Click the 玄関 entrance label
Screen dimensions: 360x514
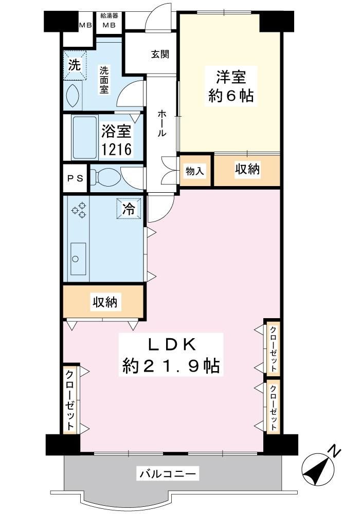[x=160, y=54]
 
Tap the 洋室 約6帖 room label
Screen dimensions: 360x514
[x=231, y=86]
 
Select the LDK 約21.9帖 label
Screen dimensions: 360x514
[x=171, y=355]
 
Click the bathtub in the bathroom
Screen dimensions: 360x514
[x=85, y=138]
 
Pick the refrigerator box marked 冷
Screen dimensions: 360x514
[x=129, y=209]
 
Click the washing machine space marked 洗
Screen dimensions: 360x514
[x=75, y=65]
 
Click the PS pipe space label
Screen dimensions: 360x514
[x=75, y=179]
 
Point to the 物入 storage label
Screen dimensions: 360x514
[x=195, y=171]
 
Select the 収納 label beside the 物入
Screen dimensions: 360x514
[x=247, y=169]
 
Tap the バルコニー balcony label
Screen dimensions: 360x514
[x=168, y=473]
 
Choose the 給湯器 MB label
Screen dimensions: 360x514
[x=109, y=21]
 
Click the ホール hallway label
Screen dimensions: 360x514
[x=162, y=123]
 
